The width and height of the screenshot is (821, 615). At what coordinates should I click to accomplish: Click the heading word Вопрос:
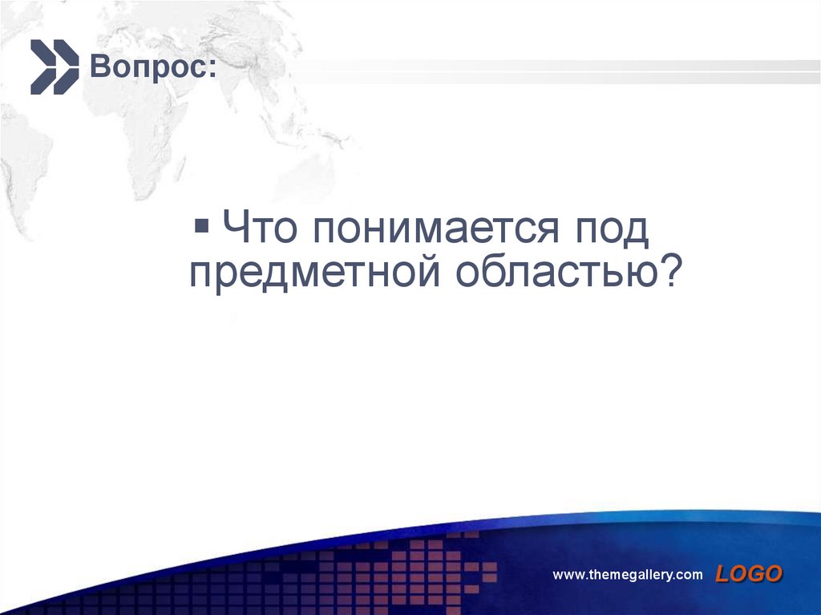point(152,66)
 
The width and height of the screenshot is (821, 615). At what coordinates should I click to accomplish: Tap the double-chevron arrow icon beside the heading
point(54,66)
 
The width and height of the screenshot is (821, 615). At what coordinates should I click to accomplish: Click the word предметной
point(315,273)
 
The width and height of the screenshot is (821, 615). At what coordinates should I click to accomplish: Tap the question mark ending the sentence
point(669,273)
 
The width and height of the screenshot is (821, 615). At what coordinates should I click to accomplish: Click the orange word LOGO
point(749,573)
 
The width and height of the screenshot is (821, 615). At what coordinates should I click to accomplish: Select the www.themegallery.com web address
point(628,574)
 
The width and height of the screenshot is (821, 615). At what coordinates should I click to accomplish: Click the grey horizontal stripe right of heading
point(521,72)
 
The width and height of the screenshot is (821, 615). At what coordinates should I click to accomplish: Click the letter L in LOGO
point(722,573)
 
